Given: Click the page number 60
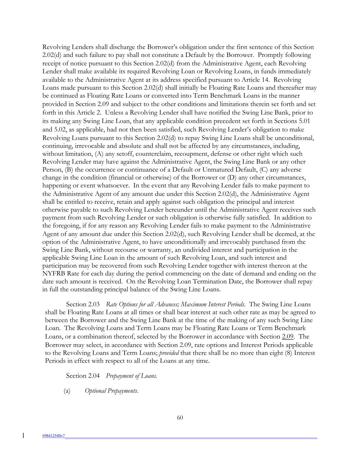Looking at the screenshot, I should coord(180,418).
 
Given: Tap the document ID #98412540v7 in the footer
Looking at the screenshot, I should coord(54,436).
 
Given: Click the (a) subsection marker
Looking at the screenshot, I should coord(67,391).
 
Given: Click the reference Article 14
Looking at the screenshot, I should coord(274,80).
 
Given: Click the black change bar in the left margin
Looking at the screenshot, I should coord(23,435).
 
